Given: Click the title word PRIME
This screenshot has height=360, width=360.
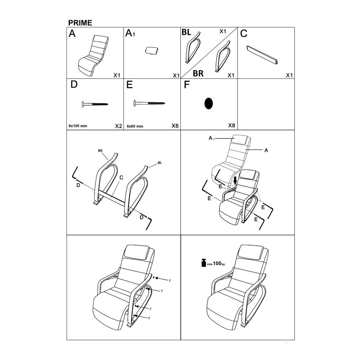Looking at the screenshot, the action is pyautogui.click(x=80, y=23).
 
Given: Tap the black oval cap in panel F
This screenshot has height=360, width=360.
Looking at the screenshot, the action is pyautogui.click(x=208, y=104).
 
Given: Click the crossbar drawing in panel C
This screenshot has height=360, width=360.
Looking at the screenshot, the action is pyautogui.click(x=262, y=55).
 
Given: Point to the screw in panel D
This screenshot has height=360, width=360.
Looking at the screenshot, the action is pyautogui.click(x=95, y=104).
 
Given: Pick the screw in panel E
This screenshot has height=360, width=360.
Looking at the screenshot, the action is pyautogui.click(x=150, y=103).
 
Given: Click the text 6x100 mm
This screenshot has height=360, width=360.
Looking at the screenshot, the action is pyautogui.click(x=78, y=126).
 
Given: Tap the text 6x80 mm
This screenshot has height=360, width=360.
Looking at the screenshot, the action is pyautogui.click(x=135, y=126).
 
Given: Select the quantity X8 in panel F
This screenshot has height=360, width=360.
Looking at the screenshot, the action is pyautogui.click(x=231, y=125).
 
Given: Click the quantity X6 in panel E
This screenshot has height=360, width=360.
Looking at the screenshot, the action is pyautogui.click(x=175, y=126).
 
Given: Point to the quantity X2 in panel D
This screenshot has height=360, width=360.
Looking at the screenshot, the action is pyautogui.click(x=118, y=126).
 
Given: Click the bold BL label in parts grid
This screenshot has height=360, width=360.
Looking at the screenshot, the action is pyautogui.click(x=186, y=32).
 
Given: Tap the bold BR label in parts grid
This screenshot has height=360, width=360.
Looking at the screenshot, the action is pyautogui.click(x=198, y=73).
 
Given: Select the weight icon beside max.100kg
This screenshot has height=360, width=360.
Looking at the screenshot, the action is pyautogui.click(x=204, y=263).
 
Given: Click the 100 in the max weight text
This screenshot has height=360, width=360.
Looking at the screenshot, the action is pyautogui.click(x=217, y=264).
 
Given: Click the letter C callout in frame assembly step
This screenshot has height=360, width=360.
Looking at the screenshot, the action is pyautogui.click(x=121, y=177).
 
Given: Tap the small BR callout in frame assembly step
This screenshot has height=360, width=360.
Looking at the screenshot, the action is pyautogui.click(x=100, y=151).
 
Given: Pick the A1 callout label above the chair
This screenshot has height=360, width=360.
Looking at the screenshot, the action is pyautogui.click(x=211, y=138).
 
